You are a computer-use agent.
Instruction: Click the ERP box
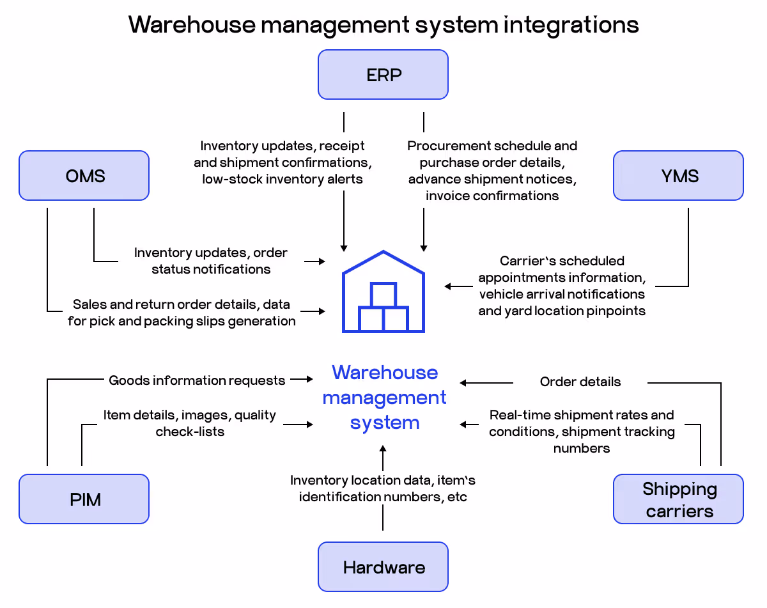[383, 75]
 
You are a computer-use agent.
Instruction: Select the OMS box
[84, 176]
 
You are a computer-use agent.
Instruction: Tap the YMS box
[678, 176]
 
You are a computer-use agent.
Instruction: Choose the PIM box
[84, 499]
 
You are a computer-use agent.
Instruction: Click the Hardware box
[383, 567]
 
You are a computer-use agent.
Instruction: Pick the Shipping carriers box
[678, 499]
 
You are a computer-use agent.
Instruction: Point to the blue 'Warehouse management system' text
[384, 397]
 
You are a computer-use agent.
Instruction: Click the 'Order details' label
[580, 382]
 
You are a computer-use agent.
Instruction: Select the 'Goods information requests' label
[197, 380]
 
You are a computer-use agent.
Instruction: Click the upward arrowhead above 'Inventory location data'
[383, 450]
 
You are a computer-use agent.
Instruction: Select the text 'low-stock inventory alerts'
[283, 179]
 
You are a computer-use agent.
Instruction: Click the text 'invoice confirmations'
[492, 196]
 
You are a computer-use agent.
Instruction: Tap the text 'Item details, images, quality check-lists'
[190, 423]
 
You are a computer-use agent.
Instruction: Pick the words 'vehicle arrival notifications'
[562, 294]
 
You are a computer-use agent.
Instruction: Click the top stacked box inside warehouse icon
[383, 295]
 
